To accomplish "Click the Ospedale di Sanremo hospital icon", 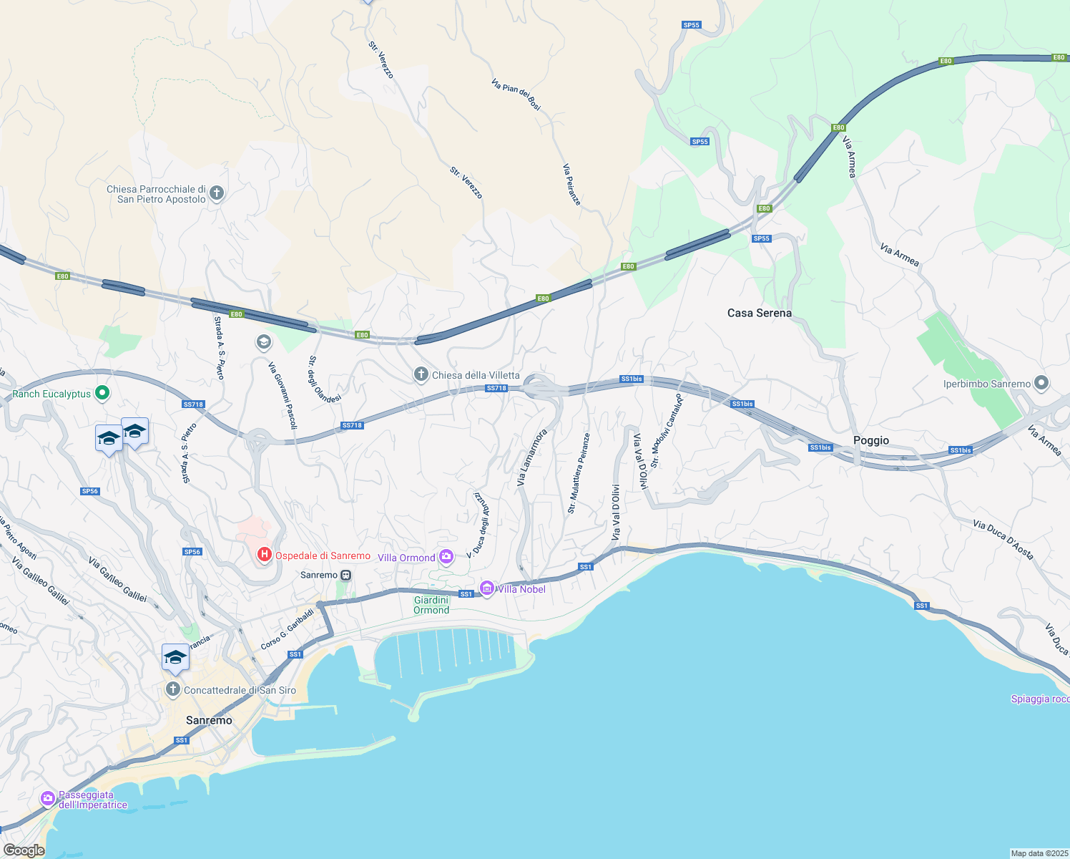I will pyautogui.click(x=265, y=555).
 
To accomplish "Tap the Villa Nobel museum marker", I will pyautogui.click(x=487, y=588).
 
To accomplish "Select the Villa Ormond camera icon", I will pyautogui.click(x=446, y=557).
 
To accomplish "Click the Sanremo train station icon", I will pyautogui.click(x=346, y=575).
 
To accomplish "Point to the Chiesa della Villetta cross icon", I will pyautogui.click(x=421, y=374).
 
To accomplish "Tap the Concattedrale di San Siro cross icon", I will pyautogui.click(x=172, y=689).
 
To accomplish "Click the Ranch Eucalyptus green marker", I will pyautogui.click(x=102, y=393).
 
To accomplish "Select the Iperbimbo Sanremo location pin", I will pyautogui.click(x=1041, y=384).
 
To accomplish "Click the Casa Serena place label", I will pyautogui.click(x=759, y=313).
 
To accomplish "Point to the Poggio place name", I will pyautogui.click(x=870, y=440).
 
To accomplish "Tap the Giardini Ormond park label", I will pyautogui.click(x=431, y=605).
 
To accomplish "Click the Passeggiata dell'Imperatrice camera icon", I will pyautogui.click(x=48, y=798).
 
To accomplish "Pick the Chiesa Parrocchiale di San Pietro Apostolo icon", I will pyautogui.click(x=217, y=193).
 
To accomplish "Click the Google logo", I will pyautogui.click(x=24, y=850).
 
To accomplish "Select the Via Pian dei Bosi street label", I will pyautogui.click(x=516, y=94).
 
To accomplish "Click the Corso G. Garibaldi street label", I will pyautogui.click(x=287, y=629).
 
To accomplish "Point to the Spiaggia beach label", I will pyautogui.click(x=1040, y=699).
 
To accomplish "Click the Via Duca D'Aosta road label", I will pyautogui.click(x=1003, y=540).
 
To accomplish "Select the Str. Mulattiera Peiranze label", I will pyautogui.click(x=579, y=473).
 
